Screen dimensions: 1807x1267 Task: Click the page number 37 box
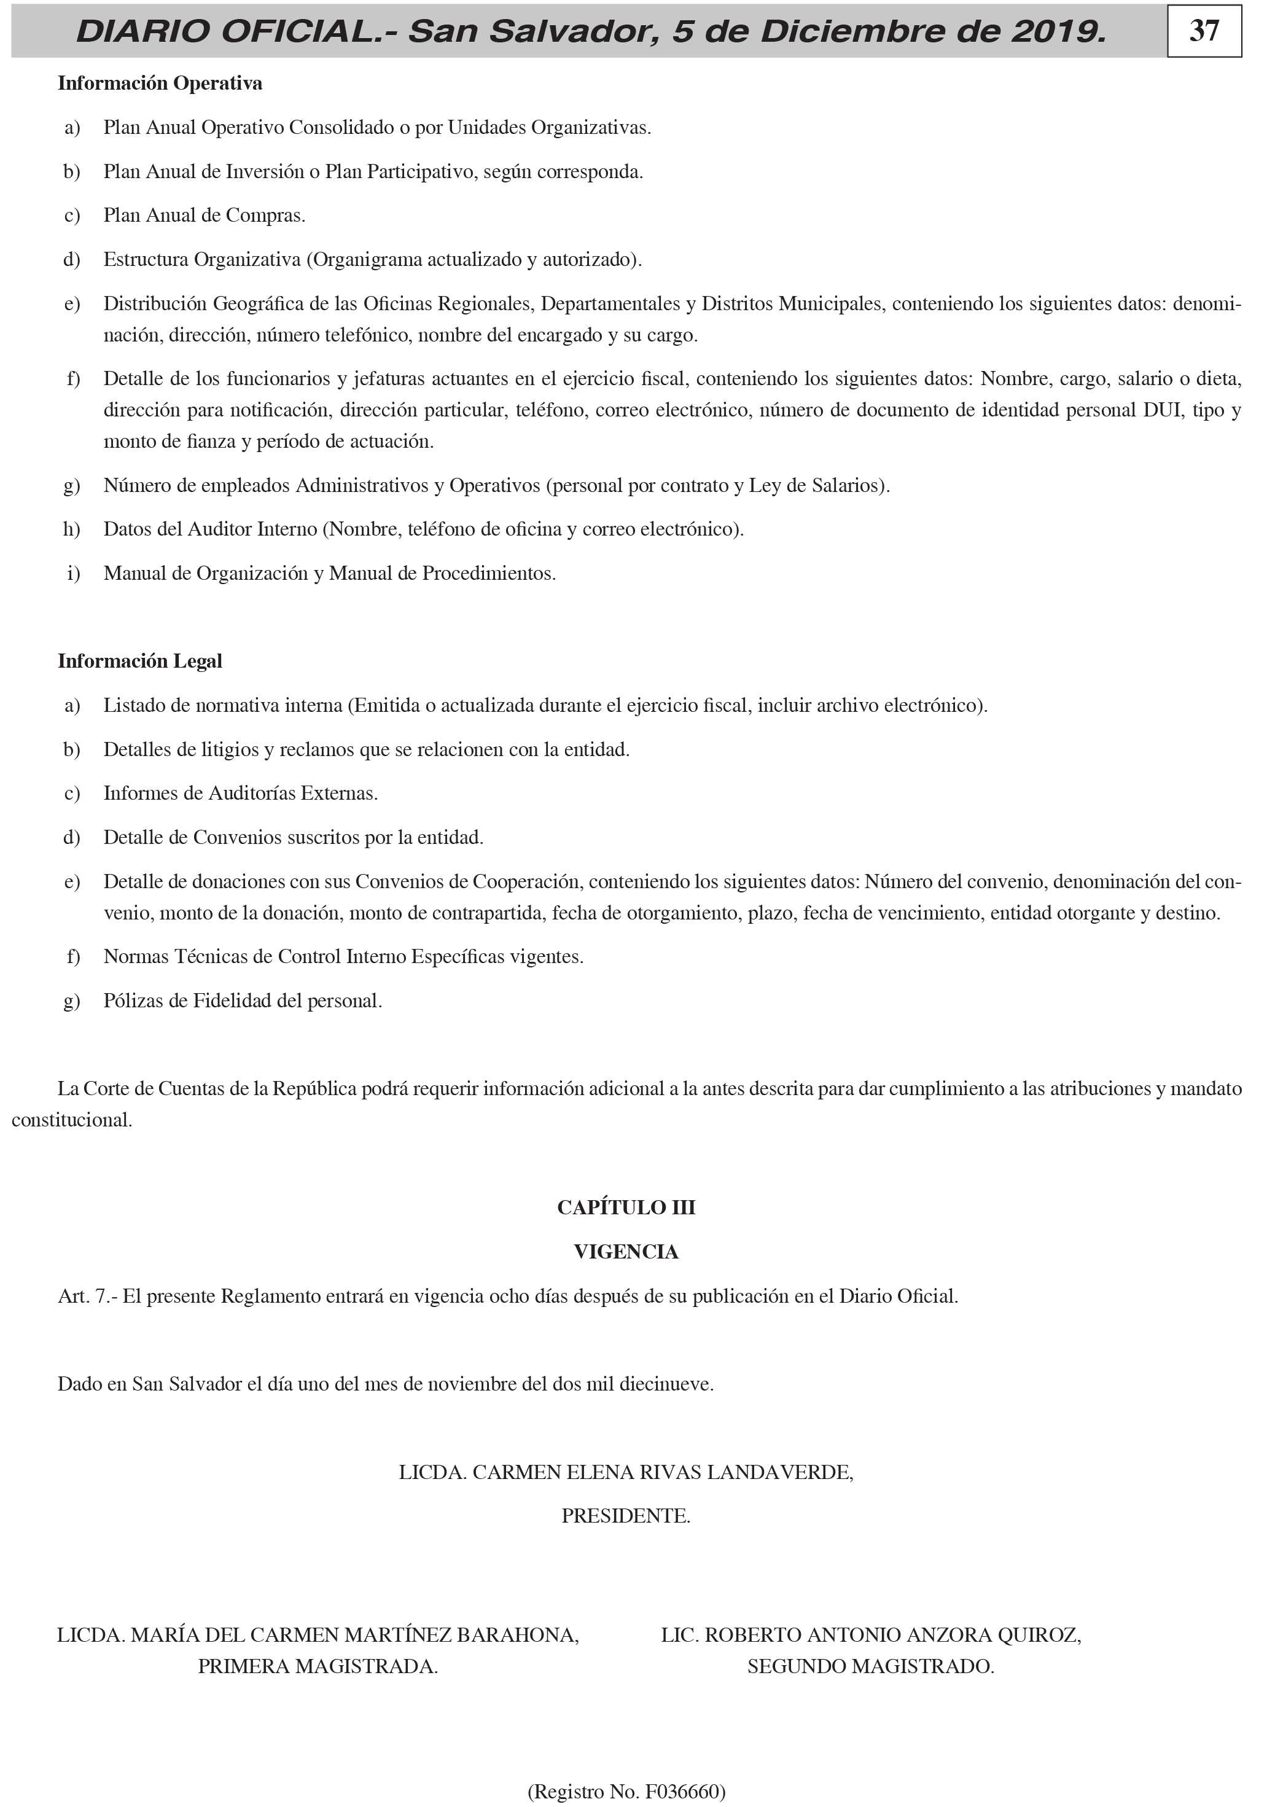[x=1203, y=31]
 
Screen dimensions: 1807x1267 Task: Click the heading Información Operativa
[x=160, y=84]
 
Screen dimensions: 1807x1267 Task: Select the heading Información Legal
[x=140, y=661]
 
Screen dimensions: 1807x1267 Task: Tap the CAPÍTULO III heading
[x=626, y=1208]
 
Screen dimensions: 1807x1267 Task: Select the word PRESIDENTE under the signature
[x=626, y=1516]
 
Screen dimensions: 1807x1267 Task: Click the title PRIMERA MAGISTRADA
[x=318, y=1666]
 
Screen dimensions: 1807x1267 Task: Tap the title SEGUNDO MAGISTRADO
[x=870, y=1666]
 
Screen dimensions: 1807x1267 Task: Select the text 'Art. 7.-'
[x=87, y=1296]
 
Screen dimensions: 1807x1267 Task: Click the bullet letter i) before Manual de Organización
[x=73, y=574]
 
